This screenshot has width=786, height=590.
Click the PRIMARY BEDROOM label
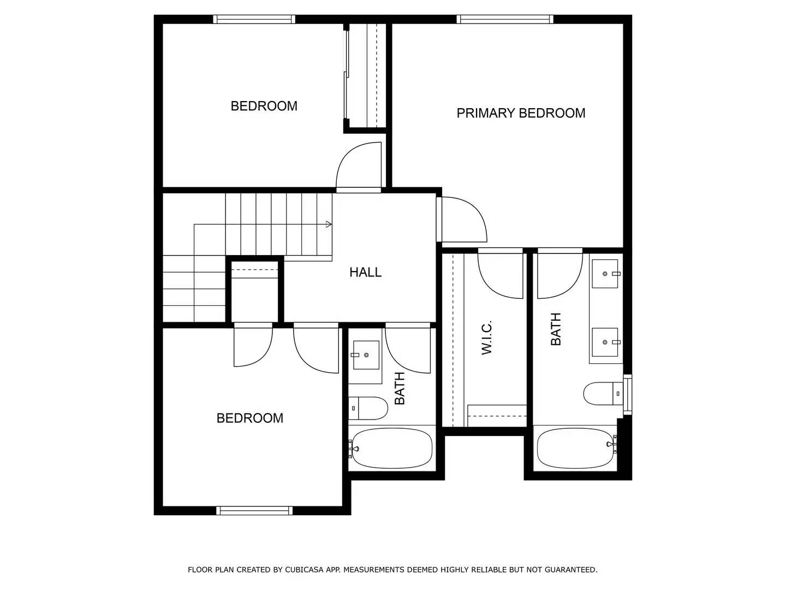521,113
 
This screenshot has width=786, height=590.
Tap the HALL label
365,272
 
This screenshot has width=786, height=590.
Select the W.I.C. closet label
487,337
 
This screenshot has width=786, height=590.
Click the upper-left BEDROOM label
264,106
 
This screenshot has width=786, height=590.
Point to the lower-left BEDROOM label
249,418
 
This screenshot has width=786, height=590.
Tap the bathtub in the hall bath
391,449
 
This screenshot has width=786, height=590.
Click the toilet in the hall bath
368,408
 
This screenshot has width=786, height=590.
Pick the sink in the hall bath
366,355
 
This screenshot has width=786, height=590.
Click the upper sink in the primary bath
605,273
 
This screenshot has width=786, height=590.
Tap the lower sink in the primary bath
605,342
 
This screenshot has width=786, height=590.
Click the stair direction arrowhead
329,224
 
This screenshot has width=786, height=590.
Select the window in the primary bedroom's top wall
505,19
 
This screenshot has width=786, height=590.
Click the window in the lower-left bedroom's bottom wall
254,511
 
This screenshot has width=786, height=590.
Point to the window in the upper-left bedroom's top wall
254,19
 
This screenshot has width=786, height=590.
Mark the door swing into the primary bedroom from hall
463,220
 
